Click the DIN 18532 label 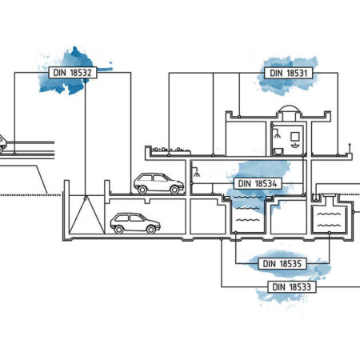(x=73, y=73)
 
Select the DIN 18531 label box (x=289, y=73)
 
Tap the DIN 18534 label (x=258, y=183)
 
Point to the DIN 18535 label (x=282, y=264)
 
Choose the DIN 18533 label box (x=292, y=287)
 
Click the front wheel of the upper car (x=174, y=190)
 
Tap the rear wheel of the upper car (x=142, y=190)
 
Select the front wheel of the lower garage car (x=151, y=230)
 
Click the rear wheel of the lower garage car (x=119, y=230)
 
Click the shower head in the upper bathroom (x=278, y=134)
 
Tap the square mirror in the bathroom (x=294, y=137)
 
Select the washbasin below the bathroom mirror (x=294, y=146)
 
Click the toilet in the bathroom (x=278, y=151)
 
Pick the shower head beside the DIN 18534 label (x=197, y=173)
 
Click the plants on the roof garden (x=171, y=150)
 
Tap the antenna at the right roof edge (x=350, y=149)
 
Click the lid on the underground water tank (x=330, y=196)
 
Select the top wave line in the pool (x=247, y=197)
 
